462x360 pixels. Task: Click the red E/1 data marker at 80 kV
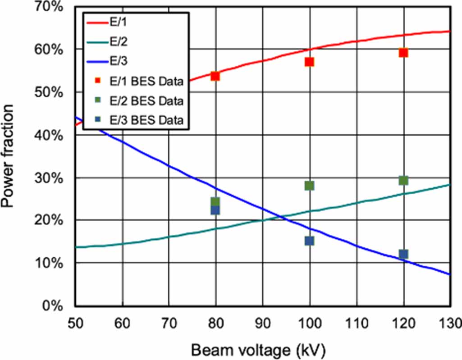point(215,76)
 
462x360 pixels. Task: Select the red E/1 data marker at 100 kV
point(309,62)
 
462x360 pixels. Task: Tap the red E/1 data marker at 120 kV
point(403,53)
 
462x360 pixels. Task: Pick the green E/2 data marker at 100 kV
point(309,186)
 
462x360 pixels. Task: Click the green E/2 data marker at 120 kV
point(403,180)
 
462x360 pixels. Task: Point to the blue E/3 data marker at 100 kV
point(309,241)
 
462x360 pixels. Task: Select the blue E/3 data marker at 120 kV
point(403,254)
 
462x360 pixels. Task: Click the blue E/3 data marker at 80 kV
point(215,210)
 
